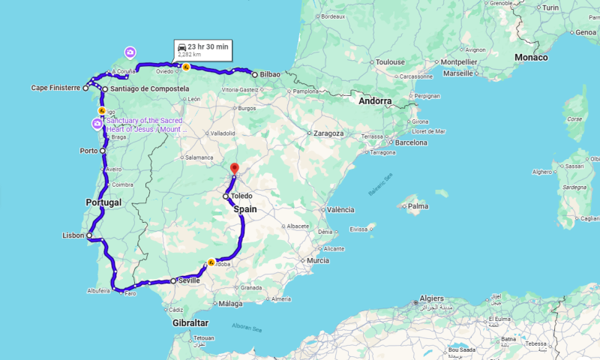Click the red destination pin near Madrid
pos(234,169)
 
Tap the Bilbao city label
pos(270,74)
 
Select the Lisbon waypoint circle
pos(89,235)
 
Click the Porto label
pos(88,150)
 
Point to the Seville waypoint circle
pos(173,281)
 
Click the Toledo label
pos(241,196)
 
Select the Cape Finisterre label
pos(55,88)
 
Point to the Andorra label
pos(375,100)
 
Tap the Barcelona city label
pos(411,142)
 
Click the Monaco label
pos(531,57)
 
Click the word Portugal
pos(103,202)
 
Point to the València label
pos(341,210)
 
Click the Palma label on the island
pos(418,205)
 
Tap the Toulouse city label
pos(390,62)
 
